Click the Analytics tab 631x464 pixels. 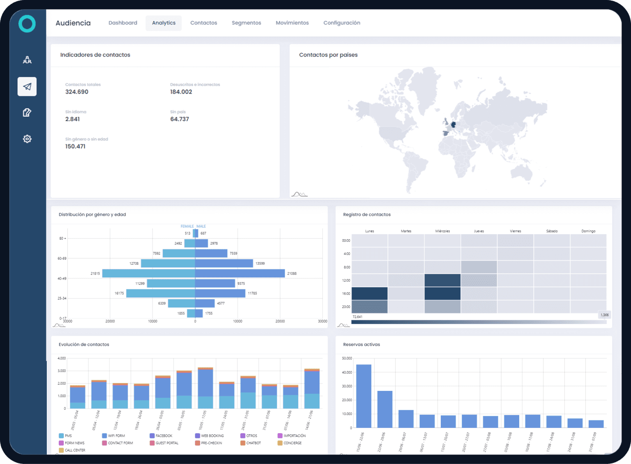(x=164, y=23)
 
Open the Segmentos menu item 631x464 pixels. (x=246, y=23)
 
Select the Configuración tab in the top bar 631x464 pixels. (x=341, y=23)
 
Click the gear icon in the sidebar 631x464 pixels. (x=27, y=139)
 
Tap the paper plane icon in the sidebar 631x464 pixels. (x=27, y=87)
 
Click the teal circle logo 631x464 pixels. (x=27, y=24)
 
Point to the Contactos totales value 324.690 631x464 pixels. (x=77, y=92)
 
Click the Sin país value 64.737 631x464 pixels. (x=180, y=119)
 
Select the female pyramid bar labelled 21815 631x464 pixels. (x=148, y=273)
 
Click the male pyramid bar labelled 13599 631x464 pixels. (x=224, y=263)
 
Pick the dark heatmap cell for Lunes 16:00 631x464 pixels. (x=369, y=293)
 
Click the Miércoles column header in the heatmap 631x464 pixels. (x=442, y=231)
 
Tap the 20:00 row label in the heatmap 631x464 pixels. (x=346, y=307)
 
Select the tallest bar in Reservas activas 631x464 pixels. (x=364, y=396)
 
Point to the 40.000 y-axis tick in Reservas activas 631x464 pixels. (x=347, y=372)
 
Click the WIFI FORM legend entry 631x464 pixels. (x=116, y=436)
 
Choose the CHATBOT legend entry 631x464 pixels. (x=253, y=443)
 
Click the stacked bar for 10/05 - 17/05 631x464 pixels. (x=205, y=388)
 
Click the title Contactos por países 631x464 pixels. (x=328, y=55)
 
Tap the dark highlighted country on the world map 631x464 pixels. (x=454, y=124)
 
